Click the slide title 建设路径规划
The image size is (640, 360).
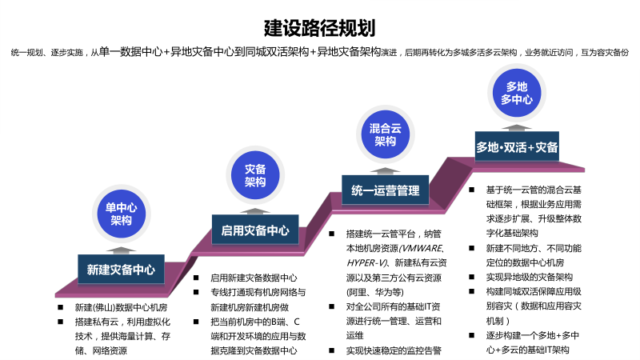click(319, 29)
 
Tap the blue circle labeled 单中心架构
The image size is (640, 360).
click(121, 214)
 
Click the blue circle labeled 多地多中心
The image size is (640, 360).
click(516, 93)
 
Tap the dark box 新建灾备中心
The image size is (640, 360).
click(121, 269)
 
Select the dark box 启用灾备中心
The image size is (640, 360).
click(254, 230)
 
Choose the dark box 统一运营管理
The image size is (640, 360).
click(385, 190)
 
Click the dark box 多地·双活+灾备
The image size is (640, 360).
click(517, 147)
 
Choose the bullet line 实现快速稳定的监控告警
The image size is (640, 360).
click(394, 350)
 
